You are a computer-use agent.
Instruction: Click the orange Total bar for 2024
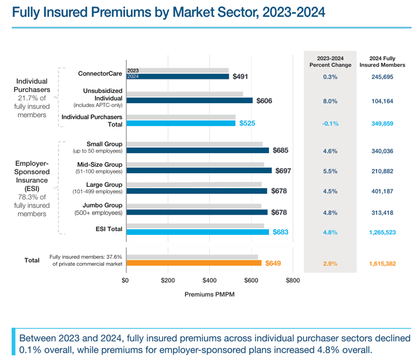193,263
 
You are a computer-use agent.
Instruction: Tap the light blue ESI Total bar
198,232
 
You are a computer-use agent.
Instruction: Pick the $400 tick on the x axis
209,280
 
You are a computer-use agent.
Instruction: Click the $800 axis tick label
293,280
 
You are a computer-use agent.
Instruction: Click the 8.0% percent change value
330,101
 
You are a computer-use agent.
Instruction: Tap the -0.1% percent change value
330,124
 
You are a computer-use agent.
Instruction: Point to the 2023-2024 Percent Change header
330,62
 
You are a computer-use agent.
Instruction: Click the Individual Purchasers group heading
32,85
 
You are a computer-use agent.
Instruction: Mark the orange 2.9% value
330,264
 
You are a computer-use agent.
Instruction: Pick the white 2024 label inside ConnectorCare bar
133,76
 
